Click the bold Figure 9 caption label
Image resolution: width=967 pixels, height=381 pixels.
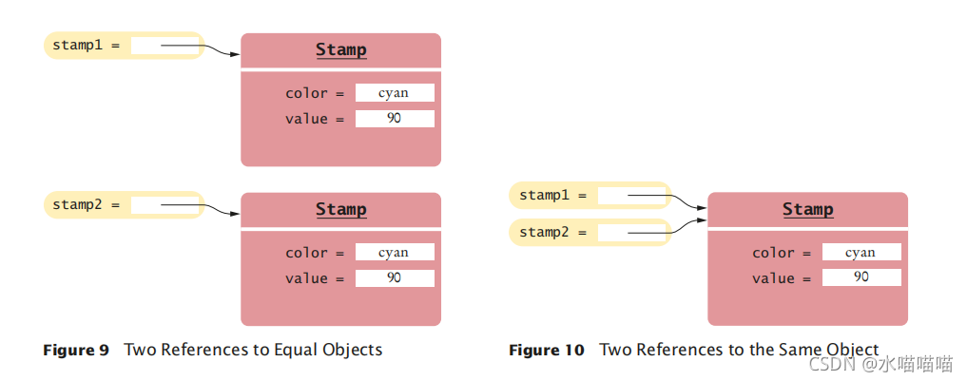pos(76,350)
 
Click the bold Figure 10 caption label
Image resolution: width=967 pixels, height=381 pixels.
pos(546,351)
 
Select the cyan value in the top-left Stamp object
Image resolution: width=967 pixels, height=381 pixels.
pos(395,93)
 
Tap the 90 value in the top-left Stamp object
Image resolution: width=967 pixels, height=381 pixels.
pos(395,119)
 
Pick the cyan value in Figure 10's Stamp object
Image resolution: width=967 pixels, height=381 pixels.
pos(861,253)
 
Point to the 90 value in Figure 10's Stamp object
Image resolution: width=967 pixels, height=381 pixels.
pos(861,277)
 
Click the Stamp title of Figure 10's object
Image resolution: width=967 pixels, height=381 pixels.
pos(807,209)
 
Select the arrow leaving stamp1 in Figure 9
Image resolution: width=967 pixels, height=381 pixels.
pos(200,47)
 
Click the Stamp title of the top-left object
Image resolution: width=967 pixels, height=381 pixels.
pos(340,49)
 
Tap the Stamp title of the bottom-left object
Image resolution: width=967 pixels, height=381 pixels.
pos(340,209)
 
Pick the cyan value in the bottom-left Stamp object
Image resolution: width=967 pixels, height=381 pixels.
pos(395,253)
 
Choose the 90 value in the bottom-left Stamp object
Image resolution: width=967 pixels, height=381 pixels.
pos(395,278)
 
